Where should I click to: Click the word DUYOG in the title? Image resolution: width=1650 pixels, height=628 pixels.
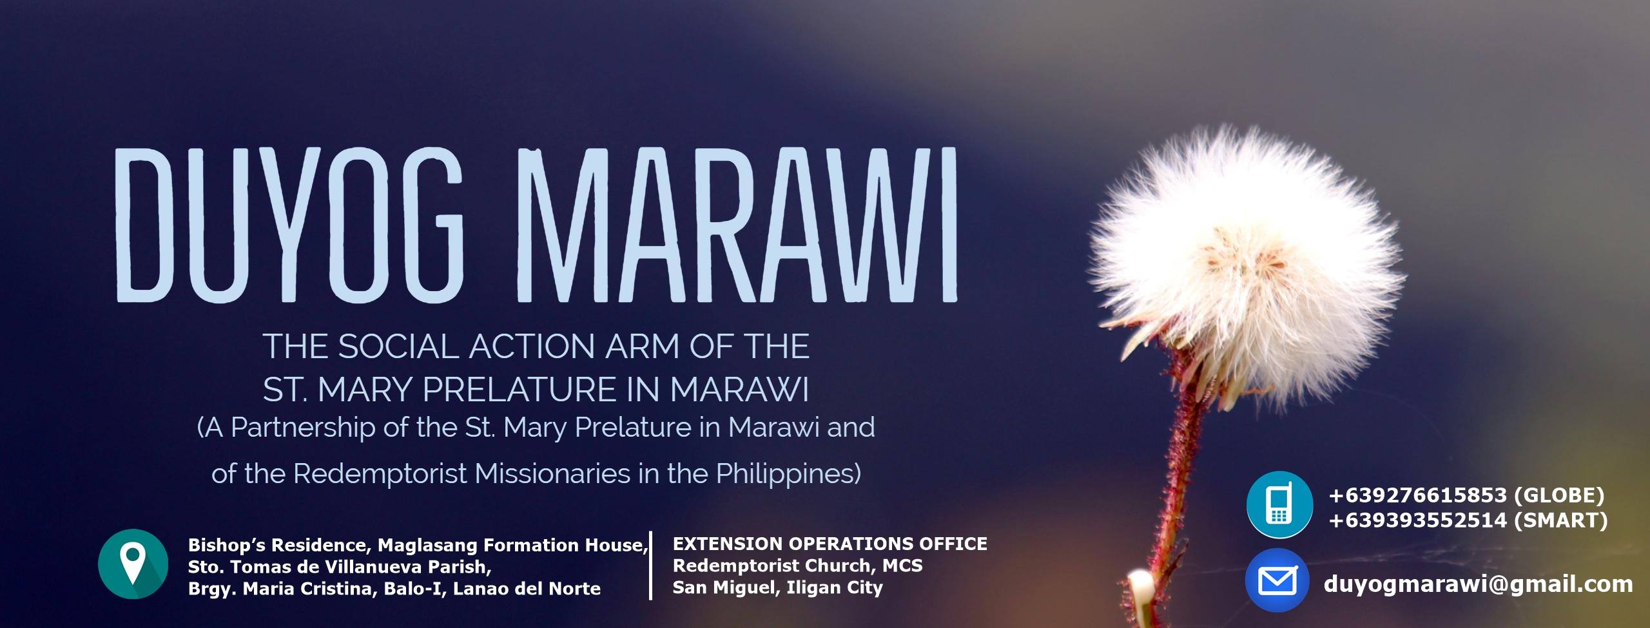(x=289, y=225)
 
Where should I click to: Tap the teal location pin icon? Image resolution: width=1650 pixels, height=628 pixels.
(x=133, y=564)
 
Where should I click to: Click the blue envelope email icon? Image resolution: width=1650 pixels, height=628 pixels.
(x=1277, y=580)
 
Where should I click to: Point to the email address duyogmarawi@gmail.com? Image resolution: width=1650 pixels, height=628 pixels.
(x=1478, y=584)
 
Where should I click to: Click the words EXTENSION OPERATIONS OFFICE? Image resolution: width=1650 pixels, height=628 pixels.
(x=830, y=544)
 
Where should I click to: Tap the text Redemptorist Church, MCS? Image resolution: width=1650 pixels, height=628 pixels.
(x=797, y=566)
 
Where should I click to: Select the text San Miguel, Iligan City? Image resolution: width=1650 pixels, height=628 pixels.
(x=777, y=587)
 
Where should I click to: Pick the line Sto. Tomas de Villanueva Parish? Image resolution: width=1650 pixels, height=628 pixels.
(x=340, y=567)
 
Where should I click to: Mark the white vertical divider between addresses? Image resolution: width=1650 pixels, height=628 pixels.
(x=651, y=566)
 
